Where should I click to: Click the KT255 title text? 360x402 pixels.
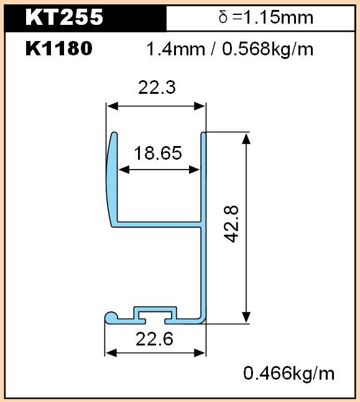[64, 17]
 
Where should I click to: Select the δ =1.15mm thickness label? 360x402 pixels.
[266, 17]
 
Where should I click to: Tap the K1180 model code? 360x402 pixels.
[59, 48]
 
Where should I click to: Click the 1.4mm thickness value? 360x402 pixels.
[176, 49]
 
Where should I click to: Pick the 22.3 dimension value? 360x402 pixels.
[157, 88]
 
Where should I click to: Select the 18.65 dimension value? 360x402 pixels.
[158, 153]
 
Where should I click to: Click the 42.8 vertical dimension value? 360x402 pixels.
[231, 224]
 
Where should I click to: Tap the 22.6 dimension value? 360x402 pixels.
[154, 339]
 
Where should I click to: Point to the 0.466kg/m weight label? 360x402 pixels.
[289, 373]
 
